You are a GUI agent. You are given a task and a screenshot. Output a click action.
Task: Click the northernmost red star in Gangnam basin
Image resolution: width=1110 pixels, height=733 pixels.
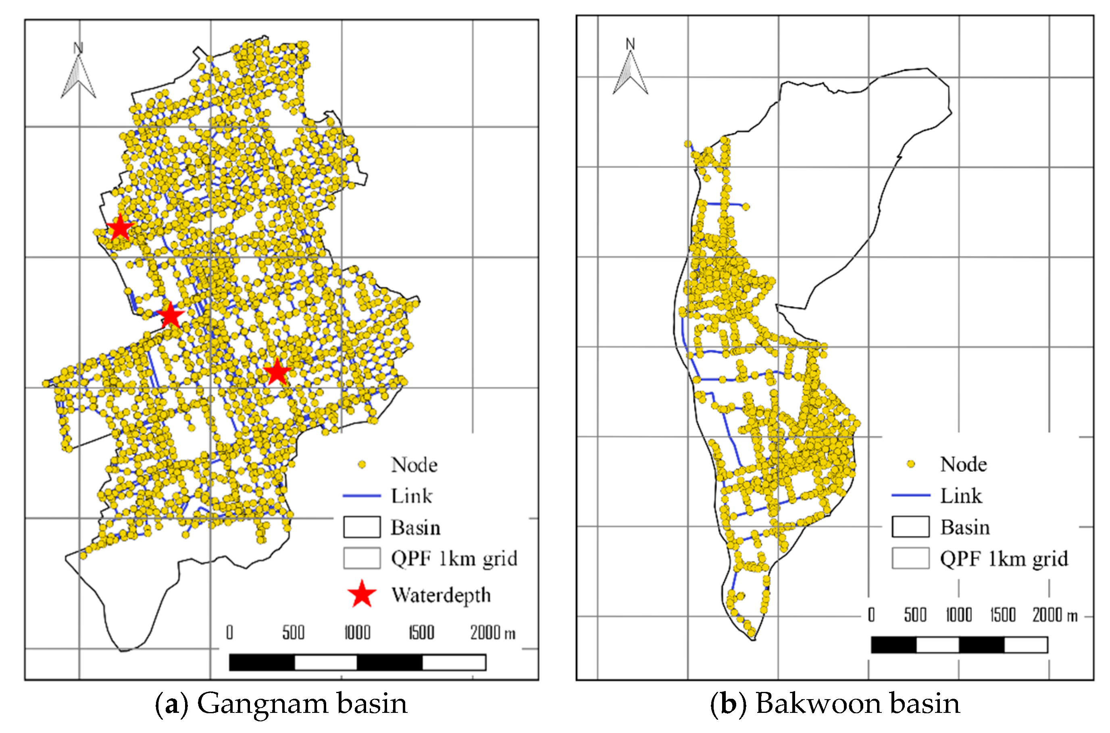(x=120, y=228)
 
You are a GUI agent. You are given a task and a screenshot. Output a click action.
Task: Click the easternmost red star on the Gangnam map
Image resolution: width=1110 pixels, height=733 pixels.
(x=277, y=372)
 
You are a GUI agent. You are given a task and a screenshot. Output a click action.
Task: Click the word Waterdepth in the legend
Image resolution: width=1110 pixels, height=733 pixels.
(x=441, y=595)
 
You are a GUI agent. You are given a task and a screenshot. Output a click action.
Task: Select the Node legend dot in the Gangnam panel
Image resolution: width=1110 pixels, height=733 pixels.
(x=362, y=465)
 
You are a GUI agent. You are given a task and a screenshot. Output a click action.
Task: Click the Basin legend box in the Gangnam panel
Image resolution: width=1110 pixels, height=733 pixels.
(x=362, y=527)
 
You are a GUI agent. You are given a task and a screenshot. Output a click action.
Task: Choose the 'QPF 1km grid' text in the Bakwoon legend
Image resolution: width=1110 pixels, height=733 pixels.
(x=1004, y=558)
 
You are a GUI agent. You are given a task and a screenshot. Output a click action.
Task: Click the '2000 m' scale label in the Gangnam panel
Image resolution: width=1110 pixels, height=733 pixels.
(x=493, y=633)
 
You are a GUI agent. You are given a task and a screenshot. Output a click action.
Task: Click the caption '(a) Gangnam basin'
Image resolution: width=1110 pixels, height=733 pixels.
(x=281, y=704)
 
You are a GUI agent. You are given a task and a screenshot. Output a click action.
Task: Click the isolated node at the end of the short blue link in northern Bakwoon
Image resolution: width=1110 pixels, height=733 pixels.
(x=746, y=207)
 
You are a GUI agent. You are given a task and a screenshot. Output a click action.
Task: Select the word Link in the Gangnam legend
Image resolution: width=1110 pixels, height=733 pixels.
(x=412, y=496)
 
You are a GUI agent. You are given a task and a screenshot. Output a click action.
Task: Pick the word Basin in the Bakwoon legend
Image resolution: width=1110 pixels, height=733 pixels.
(x=965, y=527)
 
